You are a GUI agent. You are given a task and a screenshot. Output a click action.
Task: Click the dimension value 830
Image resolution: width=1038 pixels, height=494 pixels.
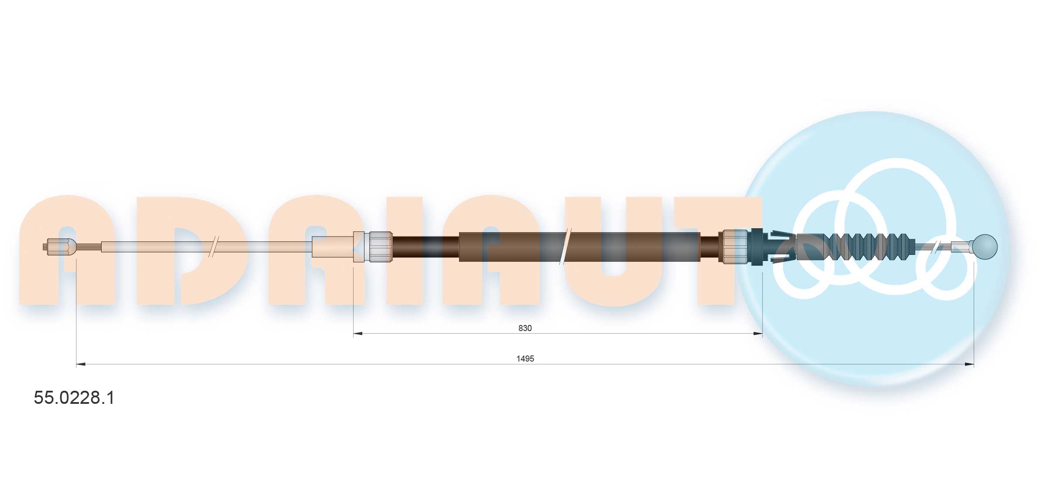coord(525,328)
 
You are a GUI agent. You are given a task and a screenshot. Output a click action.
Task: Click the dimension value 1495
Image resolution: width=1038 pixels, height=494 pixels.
coord(525,359)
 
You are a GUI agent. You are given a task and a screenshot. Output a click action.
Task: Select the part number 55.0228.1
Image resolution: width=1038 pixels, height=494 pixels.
coord(74,398)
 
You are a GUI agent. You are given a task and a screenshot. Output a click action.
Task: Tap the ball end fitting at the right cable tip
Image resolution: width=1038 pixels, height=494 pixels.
coord(985,247)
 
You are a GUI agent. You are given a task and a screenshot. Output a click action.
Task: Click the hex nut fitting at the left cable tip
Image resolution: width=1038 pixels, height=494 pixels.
coord(61,247)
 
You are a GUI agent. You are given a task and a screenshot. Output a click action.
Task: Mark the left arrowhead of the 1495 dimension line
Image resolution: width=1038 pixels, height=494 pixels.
coord(81,364)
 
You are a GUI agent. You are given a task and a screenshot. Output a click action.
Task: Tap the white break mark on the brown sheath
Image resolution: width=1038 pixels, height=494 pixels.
coord(565,247)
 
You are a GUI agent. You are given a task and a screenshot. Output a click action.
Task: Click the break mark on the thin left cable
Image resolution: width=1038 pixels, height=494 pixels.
coord(214,247)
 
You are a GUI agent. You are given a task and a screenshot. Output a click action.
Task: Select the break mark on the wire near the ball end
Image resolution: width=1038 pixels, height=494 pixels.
coord(937,247)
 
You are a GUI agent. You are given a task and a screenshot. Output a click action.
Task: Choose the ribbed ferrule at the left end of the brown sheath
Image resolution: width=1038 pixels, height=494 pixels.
coord(380,247)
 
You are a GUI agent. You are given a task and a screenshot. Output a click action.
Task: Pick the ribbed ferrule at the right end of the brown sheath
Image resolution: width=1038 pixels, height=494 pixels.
coord(735,247)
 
